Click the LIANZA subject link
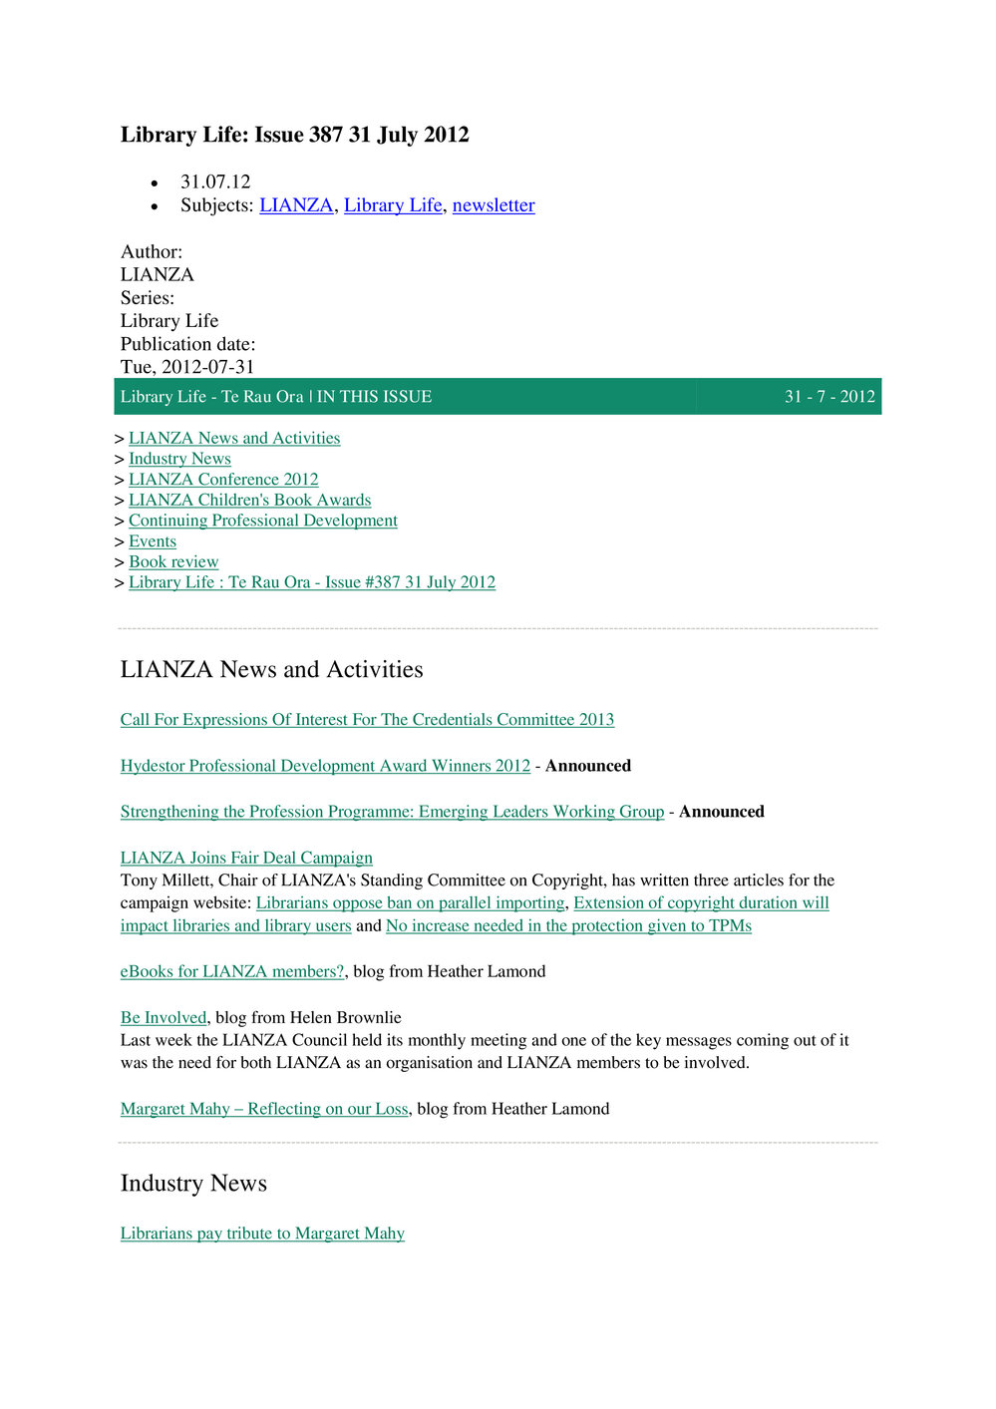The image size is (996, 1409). [296, 205]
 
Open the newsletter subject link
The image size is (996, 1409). [494, 205]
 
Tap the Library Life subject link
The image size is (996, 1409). [393, 205]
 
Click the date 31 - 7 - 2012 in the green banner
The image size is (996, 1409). [830, 397]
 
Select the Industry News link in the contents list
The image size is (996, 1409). [179, 459]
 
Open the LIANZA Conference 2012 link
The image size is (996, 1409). [223, 480]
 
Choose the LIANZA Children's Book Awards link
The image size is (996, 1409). [249, 501]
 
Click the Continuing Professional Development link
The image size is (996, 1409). [262, 521]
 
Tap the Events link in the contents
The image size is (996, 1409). [153, 541]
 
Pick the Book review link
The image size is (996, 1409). [173, 562]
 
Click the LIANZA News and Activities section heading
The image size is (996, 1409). [271, 669]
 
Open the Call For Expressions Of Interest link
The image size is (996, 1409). [367, 720]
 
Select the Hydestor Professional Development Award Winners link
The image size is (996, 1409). [325, 766]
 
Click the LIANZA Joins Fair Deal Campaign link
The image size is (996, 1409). [246, 858]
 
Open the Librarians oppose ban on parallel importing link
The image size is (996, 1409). [410, 903]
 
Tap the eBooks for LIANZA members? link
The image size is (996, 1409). [232, 971]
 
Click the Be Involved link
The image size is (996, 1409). [164, 1018]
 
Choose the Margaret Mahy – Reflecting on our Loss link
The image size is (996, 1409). [264, 1109]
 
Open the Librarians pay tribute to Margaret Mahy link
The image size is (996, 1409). [262, 1233]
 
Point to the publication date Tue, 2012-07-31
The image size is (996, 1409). [187, 367]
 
